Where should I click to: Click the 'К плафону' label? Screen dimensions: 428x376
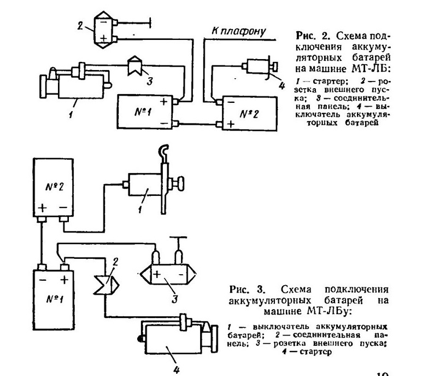coord(238,31)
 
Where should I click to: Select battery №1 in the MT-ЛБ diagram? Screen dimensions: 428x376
coord(145,112)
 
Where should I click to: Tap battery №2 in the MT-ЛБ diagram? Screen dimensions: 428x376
coord(250,113)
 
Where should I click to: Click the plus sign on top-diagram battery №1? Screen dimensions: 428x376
coord(163,102)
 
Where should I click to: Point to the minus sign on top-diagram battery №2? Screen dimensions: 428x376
coord(231,102)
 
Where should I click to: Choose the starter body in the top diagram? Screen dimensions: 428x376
coord(81,86)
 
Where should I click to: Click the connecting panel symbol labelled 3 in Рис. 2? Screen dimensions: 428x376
coord(135,66)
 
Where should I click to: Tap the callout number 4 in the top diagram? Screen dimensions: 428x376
coord(282,85)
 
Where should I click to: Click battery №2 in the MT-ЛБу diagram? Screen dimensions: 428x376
coord(53,188)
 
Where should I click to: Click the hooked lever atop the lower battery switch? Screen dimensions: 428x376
coord(163,154)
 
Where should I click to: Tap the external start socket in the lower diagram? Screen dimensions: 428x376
coord(168,274)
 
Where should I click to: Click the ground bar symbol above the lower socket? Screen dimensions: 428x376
coord(178,237)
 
